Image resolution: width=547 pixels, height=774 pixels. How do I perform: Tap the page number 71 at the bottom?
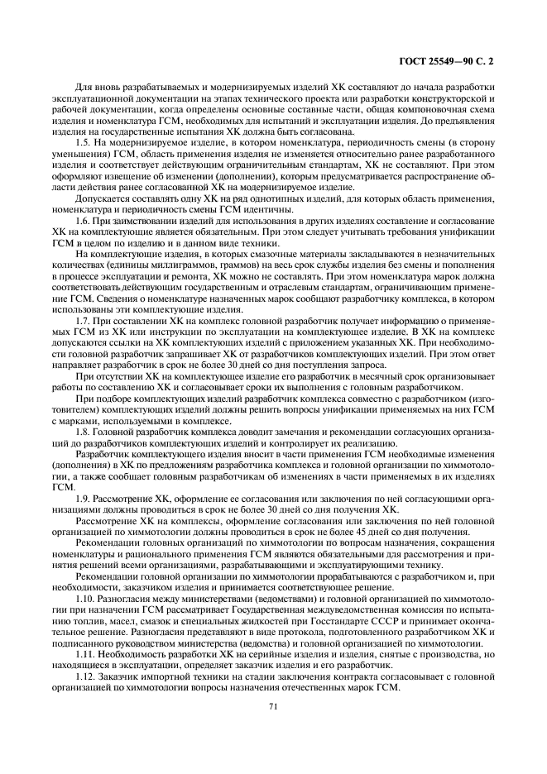coord(273,705)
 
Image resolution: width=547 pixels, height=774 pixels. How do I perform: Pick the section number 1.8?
coord(82,432)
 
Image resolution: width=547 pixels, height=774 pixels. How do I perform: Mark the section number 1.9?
coord(82,499)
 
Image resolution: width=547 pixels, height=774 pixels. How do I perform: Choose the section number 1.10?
coord(84,595)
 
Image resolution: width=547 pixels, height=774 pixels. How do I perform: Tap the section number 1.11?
coord(84,652)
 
